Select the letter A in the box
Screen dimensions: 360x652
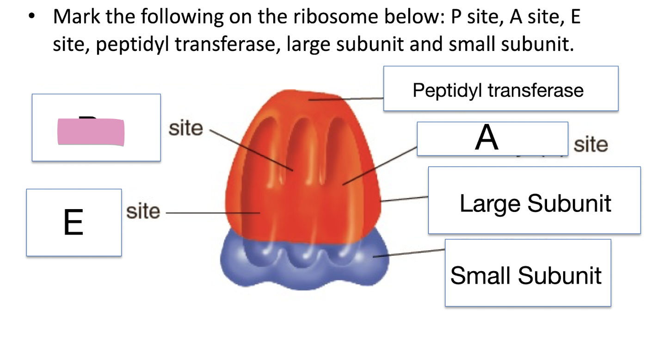coord(487,138)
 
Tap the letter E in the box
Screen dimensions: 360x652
coord(73,223)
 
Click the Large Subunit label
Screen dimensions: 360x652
coord(535,203)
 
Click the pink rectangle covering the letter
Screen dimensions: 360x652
coord(91,132)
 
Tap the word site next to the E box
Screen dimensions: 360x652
coord(143,211)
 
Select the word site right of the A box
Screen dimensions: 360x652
coord(590,145)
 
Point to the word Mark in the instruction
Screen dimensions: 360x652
coord(76,18)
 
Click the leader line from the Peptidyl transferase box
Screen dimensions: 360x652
coord(347,99)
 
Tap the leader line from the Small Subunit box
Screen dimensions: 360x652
coord(409,253)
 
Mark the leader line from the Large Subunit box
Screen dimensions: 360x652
coord(405,199)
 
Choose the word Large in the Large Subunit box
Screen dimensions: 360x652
coord(489,203)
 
